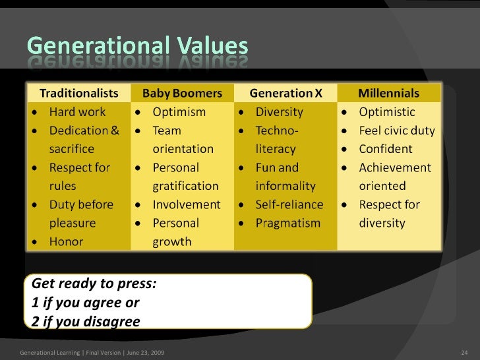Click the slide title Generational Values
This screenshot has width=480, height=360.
coord(137,47)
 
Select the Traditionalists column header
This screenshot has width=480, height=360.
coord(81,93)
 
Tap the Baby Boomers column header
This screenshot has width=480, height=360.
coord(183,93)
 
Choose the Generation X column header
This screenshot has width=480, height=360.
coord(285,93)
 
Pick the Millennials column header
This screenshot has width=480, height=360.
coord(388,93)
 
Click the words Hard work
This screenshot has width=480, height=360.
coord(77,112)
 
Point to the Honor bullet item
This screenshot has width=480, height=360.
coord(67,241)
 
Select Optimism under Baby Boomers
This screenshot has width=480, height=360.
coord(179,112)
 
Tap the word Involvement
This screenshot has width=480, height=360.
coord(187,204)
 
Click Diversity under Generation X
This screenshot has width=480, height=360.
coord(279,112)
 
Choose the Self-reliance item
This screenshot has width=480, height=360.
coord(289,204)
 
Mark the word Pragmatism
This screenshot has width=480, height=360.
coord(287,223)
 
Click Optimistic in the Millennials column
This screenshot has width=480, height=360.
coord(387,112)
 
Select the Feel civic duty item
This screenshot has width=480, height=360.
coord(397,131)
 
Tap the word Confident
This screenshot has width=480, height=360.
coord(386,149)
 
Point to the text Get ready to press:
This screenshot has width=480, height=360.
coord(94,285)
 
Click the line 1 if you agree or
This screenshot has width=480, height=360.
coord(85,303)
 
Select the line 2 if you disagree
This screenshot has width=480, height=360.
coord(86,322)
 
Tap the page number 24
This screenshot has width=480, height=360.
coord(464,354)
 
